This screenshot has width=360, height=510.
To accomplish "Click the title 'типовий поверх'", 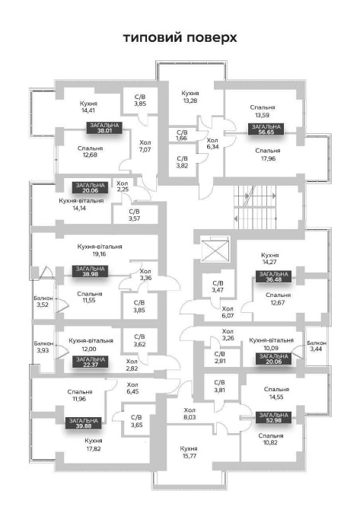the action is click(180, 38).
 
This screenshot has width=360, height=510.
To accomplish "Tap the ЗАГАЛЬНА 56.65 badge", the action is click(266, 129).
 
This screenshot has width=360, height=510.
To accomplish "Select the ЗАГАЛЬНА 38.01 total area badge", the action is click(104, 128).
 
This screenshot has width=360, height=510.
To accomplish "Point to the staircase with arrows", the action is click(255, 208).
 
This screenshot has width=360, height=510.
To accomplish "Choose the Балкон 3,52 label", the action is click(43, 301).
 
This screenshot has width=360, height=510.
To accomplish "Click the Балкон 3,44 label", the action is click(317, 346).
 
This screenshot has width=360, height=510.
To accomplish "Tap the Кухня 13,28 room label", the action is click(190, 97).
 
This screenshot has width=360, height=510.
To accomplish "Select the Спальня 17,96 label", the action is click(268, 155).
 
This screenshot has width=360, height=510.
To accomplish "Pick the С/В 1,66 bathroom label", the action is click(182, 135).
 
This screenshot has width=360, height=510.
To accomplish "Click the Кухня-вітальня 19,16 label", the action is click(100, 250).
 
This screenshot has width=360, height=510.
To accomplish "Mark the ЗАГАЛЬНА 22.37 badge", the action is click(91, 362).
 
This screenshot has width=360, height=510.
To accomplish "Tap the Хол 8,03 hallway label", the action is click(190, 413).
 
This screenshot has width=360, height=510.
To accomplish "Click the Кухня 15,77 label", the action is click(189, 452).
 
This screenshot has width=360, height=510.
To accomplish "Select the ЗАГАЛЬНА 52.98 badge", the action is click(273, 417).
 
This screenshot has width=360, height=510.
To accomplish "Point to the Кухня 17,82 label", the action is click(94, 445).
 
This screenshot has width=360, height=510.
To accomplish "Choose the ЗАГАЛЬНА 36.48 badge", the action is click(273, 276).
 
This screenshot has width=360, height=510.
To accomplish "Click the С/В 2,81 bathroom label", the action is click(219, 357).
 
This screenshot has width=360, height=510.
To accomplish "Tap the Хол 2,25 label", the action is click(123, 186).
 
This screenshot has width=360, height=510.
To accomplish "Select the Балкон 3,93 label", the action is click(44, 346).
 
